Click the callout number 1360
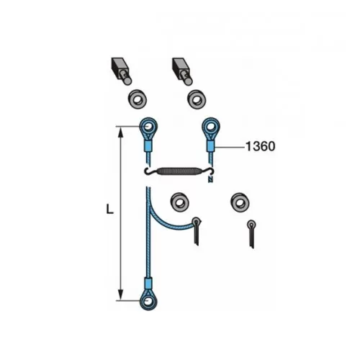[x=261, y=146]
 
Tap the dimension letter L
[x=109, y=210]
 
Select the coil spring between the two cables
[x=179, y=171]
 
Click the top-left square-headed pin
[x=122, y=71]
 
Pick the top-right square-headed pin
[x=182, y=71]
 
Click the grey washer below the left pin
[x=137, y=99]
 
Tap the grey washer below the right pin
[x=197, y=99]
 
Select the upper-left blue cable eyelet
[x=148, y=128]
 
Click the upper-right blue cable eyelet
[x=211, y=128]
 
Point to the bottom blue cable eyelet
[x=148, y=299]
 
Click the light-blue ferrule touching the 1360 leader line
[x=211, y=146]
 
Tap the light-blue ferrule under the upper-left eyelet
[x=148, y=146]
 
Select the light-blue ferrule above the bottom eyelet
[x=148, y=283]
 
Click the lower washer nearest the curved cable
[x=179, y=202]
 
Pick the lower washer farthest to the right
[x=240, y=202]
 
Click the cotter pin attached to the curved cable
[x=197, y=231]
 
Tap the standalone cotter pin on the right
[x=251, y=234]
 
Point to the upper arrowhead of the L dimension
[x=120, y=132]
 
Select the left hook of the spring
[x=151, y=171]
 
